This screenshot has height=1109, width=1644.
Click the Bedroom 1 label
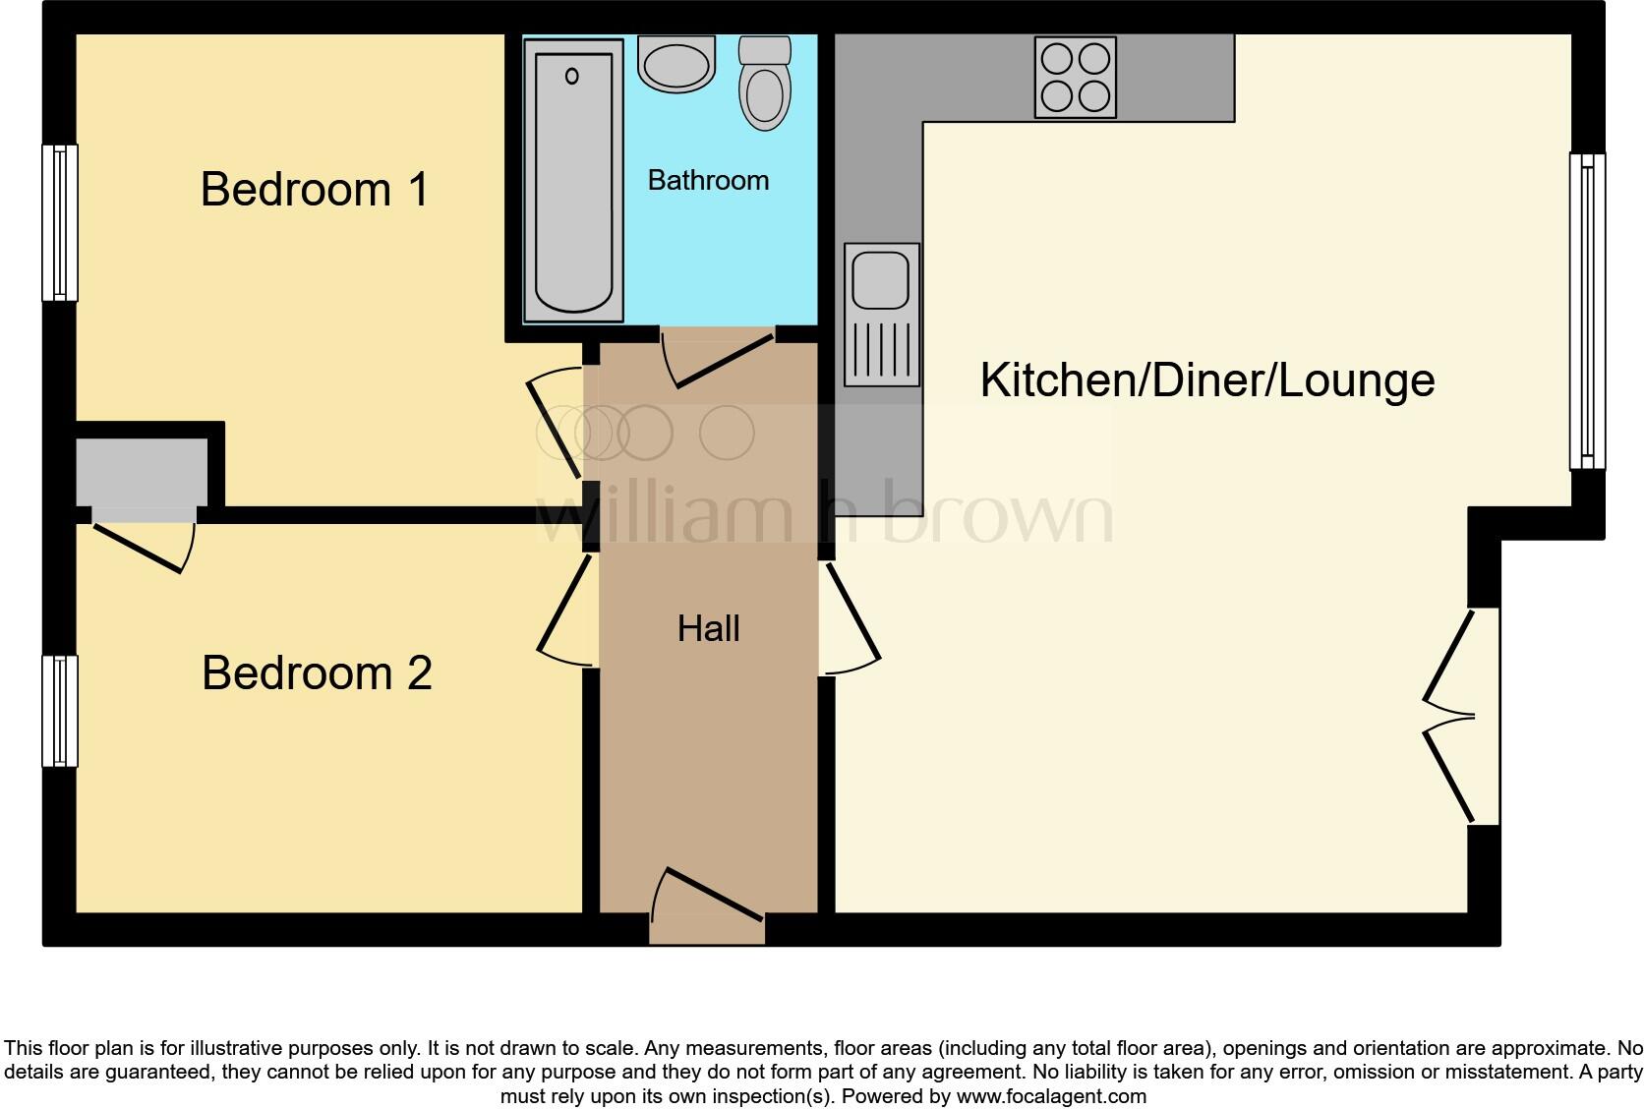[x=315, y=189]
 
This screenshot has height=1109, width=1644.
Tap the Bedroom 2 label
[x=317, y=673]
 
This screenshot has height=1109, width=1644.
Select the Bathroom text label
[x=708, y=181]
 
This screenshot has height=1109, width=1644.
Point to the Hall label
[x=708, y=628]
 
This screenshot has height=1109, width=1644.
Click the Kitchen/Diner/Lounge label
[x=1207, y=380]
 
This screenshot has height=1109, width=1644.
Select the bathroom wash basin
[x=675, y=65]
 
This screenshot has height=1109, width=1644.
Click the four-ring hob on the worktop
[x=1076, y=78]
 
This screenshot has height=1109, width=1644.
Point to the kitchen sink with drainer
[x=881, y=315]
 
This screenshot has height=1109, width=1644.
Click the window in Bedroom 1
[x=60, y=222]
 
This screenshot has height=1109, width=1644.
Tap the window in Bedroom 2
[x=60, y=711]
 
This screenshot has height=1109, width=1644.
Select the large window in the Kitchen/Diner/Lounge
[x=1586, y=311]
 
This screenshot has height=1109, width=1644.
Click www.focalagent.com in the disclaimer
[x=1051, y=1095]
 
